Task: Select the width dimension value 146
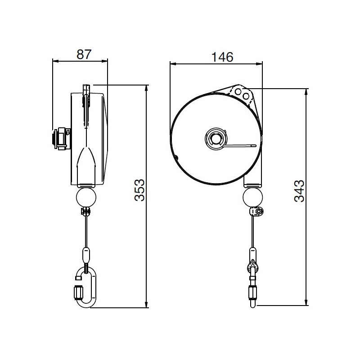(222, 57)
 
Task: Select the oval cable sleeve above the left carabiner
(86, 255)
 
